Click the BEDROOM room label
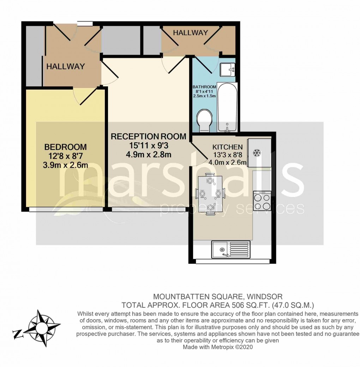65,147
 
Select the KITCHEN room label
227,147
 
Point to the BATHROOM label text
204,87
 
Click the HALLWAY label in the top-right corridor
190,33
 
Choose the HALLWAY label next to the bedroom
65,66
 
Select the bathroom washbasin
227,70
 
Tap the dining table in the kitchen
210,194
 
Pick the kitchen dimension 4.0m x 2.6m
227,163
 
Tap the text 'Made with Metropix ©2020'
217,347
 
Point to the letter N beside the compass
17,334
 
